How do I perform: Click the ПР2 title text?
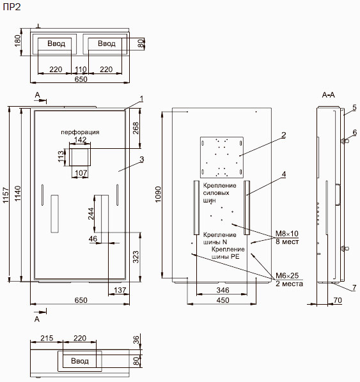pyautogui.click(x=12, y=7)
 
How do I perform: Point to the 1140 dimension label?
pyautogui.click(x=18, y=194)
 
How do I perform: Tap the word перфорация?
pyautogui.click(x=80, y=132)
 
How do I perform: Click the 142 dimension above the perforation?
pyautogui.click(x=80, y=139)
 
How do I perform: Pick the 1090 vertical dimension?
pyautogui.click(x=159, y=194)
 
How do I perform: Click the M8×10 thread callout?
pyautogui.click(x=287, y=234)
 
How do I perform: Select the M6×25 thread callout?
pyautogui.click(x=287, y=275)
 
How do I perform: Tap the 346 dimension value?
pyautogui.click(x=223, y=290)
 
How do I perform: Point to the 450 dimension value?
pyautogui.click(x=223, y=300)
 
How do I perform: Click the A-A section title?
pyautogui.click(x=328, y=95)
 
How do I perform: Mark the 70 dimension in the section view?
pyautogui.click(x=338, y=300)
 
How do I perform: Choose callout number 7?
pyautogui.click(x=354, y=287)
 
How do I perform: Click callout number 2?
pyautogui.click(x=283, y=135)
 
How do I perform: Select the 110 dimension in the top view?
pyautogui.click(x=81, y=70)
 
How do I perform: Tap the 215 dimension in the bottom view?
pyautogui.click(x=47, y=338)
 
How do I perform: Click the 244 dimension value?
pyautogui.click(x=91, y=213)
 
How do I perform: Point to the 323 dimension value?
pyautogui.click(x=136, y=257)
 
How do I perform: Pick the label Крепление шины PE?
pyautogui.click(x=228, y=253)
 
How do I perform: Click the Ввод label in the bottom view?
pyautogui.click(x=80, y=361)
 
